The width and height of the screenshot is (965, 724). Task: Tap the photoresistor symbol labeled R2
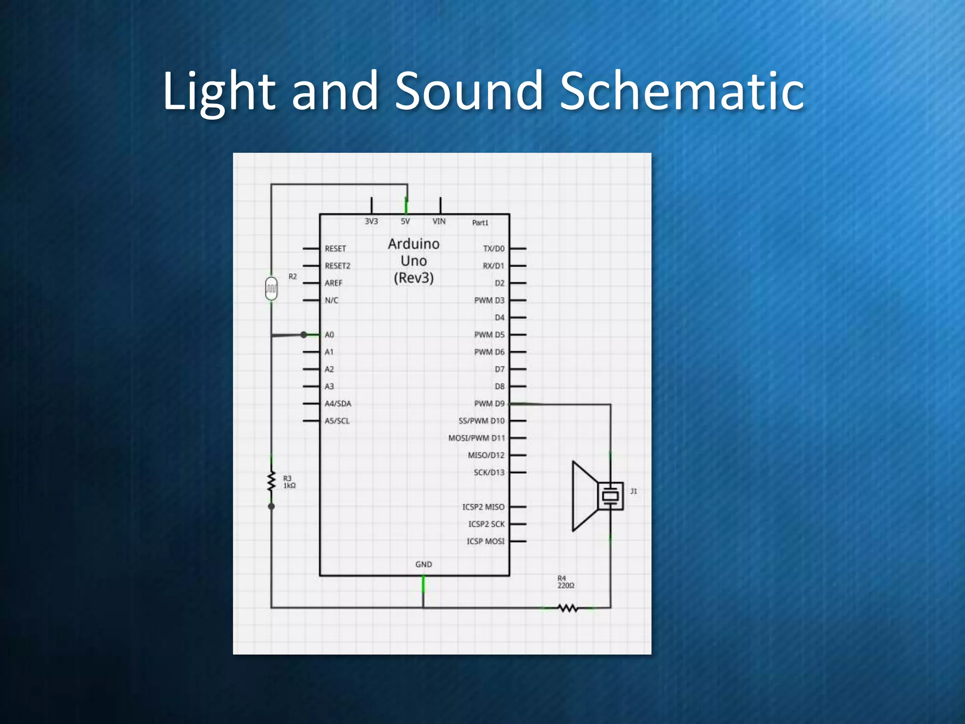tap(271, 288)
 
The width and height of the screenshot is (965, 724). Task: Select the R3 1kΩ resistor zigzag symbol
tap(271, 481)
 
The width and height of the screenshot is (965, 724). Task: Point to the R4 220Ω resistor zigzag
tap(568, 608)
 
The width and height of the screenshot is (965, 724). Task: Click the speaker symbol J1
tap(596, 496)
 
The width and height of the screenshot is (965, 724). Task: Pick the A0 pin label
tap(329, 335)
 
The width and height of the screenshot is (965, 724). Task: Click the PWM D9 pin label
tap(489, 403)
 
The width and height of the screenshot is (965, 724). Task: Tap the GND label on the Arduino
tap(424, 564)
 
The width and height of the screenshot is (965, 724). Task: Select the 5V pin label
tap(405, 222)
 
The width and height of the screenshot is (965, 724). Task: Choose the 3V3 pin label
tap(371, 222)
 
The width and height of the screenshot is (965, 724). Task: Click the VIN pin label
tap(439, 222)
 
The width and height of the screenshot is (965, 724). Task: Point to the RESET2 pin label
tap(337, 266)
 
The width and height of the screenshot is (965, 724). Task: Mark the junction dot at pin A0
tap(304, 335)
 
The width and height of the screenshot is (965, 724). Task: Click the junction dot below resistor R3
tap(271, 506)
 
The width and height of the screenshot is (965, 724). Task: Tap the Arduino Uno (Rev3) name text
tap(414, 261)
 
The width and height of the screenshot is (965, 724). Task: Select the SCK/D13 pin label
tap(489, 472)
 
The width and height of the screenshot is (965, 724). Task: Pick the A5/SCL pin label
tap(337, 421)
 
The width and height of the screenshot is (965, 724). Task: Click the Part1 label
tap(480, 223)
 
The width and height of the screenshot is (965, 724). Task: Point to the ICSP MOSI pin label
tap(485, 541)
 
